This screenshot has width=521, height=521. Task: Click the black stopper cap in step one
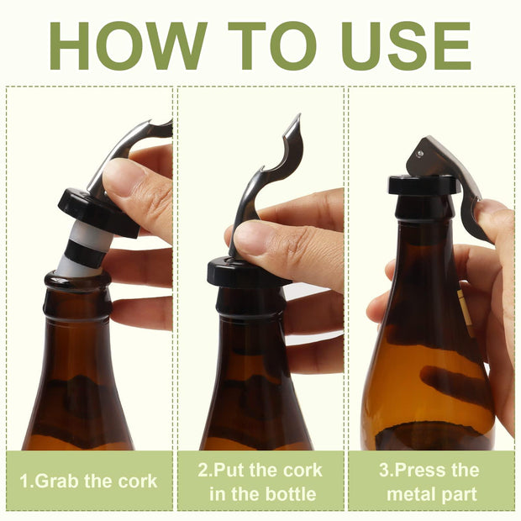97,213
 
